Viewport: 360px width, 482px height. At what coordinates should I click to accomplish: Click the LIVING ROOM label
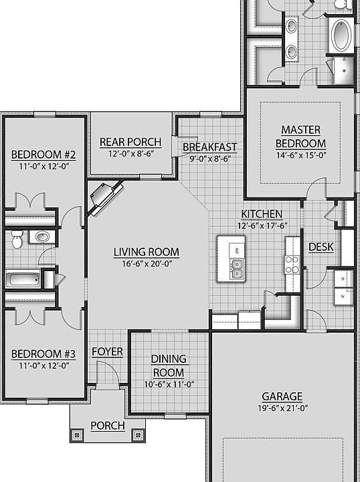point(147,252)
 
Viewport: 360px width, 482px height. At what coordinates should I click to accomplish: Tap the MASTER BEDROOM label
point(300,137)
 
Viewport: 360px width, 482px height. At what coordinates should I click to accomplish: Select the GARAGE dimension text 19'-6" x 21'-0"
point(283,408)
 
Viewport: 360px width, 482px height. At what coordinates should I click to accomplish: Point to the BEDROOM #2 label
point(43,155)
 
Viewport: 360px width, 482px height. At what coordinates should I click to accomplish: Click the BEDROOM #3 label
point(43,354)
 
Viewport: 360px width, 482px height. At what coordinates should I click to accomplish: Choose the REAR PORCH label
point(130,143)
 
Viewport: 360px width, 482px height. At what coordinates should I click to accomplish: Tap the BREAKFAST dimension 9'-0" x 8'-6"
point(210,159)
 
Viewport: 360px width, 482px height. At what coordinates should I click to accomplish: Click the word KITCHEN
point(262,214)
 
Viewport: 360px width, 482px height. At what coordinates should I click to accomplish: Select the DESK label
point(321,247)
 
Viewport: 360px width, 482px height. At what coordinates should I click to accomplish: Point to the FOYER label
point(107,352)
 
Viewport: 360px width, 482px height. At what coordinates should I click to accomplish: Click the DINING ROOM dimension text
point(169,384)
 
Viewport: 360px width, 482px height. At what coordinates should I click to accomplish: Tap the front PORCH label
point(108,426)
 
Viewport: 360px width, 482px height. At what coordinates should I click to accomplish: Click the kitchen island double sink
point(237,268)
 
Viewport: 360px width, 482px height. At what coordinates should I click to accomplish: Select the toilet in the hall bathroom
point(17,240)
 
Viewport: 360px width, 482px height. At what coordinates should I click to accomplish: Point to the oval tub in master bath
point(342,35)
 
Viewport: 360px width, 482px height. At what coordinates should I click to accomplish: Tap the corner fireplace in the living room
point(104,197)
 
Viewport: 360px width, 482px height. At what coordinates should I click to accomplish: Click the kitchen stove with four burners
point(292,264)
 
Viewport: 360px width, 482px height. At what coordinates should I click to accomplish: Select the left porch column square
point(77,435)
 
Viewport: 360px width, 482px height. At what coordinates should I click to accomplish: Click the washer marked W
point(343,297)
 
